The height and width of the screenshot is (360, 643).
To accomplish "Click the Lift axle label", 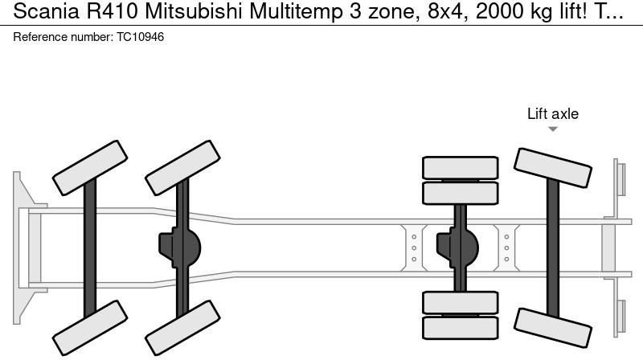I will click(x=552, y=114).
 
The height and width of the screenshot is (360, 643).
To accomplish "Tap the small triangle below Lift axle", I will click(x=553, y=129).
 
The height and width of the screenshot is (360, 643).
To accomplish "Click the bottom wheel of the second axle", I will click(x=182, y=331).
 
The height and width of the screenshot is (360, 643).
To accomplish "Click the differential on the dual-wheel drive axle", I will click(x=458, y=246).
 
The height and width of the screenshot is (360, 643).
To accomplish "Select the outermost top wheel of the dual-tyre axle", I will click(x=461, y=168).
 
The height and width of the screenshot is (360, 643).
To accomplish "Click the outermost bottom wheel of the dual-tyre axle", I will click(x=461, y=327).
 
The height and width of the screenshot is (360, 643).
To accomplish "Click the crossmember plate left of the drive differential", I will click(x=414, y=246).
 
